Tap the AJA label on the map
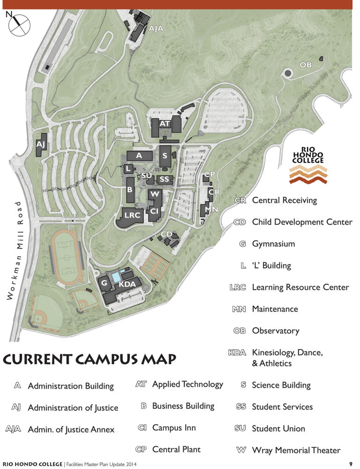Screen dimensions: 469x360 tap(156, 29)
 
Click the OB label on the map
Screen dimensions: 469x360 tap(306, 64)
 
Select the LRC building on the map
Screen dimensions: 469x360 tap(131, 216)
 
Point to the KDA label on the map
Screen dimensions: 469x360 tap(127, 284)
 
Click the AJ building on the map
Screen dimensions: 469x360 tap(41, 144)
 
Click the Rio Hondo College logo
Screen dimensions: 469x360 tap(308, 164)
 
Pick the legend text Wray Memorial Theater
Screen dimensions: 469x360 tap(296, 450)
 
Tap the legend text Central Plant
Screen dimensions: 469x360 tap(176, 449)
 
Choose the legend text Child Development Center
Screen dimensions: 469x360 tap(302, 222)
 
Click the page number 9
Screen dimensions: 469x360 tap(350, 464)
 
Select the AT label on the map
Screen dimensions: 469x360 tap(165, 124)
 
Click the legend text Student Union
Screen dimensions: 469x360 tap(278, 428)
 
